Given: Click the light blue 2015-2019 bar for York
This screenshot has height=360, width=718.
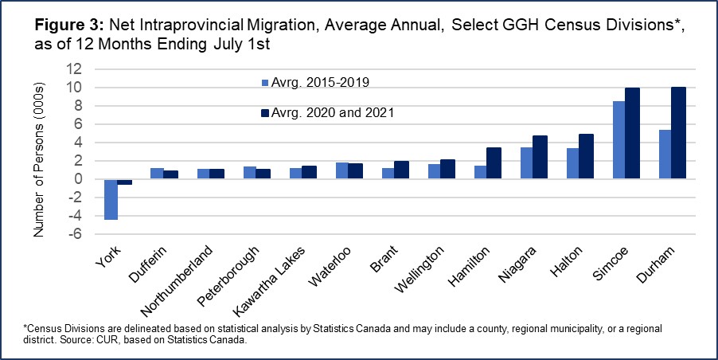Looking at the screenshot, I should coord(111,198).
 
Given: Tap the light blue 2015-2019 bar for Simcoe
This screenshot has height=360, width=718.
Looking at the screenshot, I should coord(618,140).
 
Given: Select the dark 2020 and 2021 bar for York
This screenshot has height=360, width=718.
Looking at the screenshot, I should coord(125,182).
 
